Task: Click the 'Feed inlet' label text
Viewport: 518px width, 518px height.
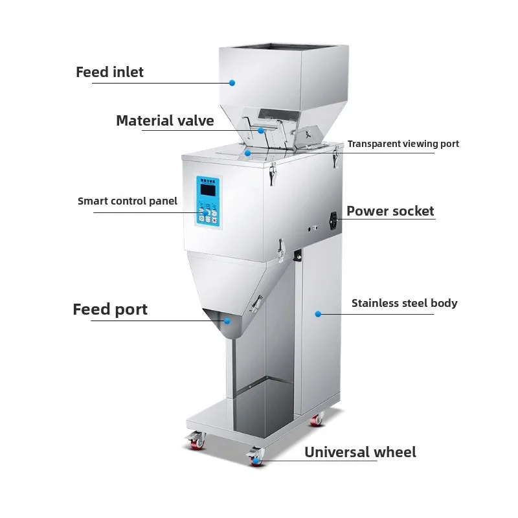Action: (109, 72)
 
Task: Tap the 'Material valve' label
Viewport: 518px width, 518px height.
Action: (164, 120)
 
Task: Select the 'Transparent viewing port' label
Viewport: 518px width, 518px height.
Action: (403, 144)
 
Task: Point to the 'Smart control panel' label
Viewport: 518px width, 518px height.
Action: (128, 201)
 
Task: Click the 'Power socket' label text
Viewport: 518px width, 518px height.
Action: (390, 211)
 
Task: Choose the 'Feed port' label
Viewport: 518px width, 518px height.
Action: (110, 310)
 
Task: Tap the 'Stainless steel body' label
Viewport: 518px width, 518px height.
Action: (404, 303)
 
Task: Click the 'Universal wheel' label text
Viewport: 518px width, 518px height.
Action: (360, 452)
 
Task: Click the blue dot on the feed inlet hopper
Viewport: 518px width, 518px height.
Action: (232, 82)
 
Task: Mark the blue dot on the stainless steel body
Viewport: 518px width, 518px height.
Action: (318, 314)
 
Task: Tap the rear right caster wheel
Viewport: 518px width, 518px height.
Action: (317, 420)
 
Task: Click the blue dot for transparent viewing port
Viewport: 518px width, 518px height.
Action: (248, 153)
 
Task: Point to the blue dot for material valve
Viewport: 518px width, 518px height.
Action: (261, 130)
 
